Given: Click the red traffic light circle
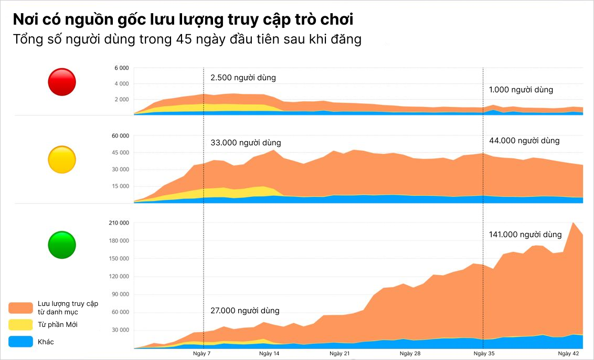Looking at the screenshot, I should click(62, 82).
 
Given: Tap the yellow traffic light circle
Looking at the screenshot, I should click(62, 160).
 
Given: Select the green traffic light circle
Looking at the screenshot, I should click(62, 245).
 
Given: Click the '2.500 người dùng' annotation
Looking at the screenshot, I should click(243, 78).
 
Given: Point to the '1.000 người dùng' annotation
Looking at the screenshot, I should click(521, 90).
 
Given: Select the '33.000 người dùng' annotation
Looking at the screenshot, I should click(246, 143).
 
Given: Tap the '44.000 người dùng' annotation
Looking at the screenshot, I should click(524, 141).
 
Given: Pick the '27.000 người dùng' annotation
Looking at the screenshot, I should click(245, 311).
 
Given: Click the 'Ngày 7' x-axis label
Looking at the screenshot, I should click(202, 354).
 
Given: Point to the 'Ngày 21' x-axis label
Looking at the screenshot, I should click(340, 354).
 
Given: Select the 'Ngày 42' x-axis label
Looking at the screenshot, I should click(568, 354).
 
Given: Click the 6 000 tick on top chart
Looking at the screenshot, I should click(121, 68).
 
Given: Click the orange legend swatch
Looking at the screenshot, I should click(21, 308).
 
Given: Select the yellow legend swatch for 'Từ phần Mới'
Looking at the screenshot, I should click(21, 325).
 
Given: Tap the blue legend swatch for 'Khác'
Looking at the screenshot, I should click(21, 342).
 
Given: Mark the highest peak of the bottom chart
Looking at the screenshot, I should click(573, 223).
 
